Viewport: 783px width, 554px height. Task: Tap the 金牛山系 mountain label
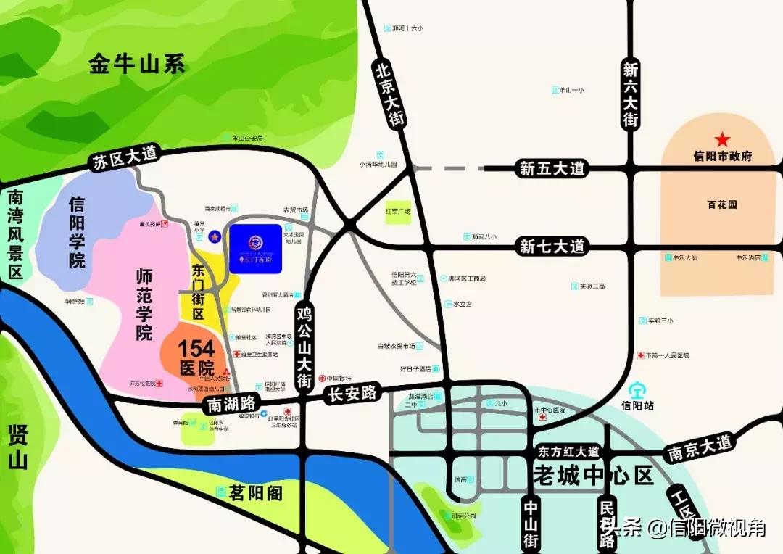tap(138, 64)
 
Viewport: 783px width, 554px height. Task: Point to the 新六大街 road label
tap(631, 94)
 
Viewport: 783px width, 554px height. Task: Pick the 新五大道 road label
tap(552, 169)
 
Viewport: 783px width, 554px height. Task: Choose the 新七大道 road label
tap(552, 247)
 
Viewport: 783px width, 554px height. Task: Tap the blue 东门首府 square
tap(256, 248)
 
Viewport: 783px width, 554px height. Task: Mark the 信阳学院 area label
tap(77, 232)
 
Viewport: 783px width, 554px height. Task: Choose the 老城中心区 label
tap(593, 476)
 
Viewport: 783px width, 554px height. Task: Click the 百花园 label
tap(722, 204)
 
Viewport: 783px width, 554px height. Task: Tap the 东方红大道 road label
tap(569, 452)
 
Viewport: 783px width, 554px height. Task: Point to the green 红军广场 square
tap(398, 211)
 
